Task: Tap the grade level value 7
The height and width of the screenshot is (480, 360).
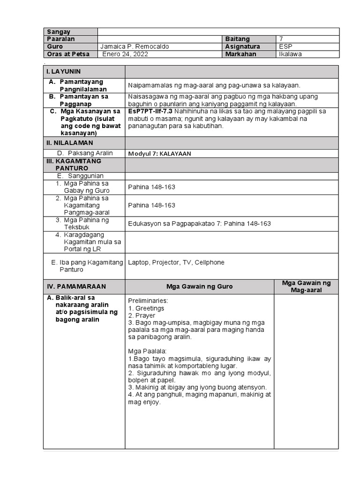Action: pos(281,39)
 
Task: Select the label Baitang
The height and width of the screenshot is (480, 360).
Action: pos(238,39)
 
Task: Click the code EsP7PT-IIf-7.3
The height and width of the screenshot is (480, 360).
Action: pos(150,112)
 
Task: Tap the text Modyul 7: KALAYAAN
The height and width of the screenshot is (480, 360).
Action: pos(159,154)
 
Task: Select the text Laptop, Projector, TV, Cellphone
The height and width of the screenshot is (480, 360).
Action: pos(176,262)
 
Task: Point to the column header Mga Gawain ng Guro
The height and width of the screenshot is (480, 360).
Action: pos(199,287)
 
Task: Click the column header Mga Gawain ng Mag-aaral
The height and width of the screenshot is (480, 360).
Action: pos(306,286)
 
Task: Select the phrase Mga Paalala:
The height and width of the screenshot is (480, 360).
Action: pos(145,351)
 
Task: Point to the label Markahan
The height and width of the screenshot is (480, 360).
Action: pos(240,54)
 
